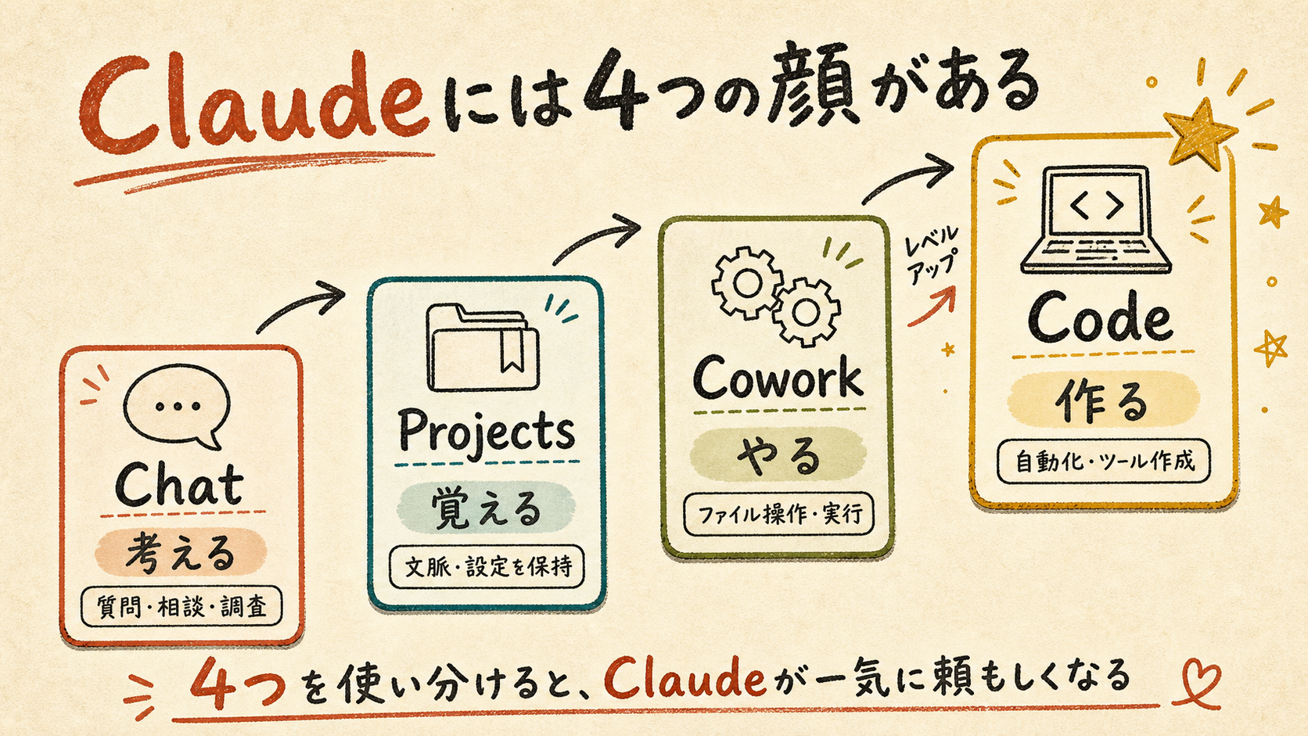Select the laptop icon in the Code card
click(x=1096, y=220)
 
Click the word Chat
click(x=178, y=485)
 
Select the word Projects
click(x=487, y=433)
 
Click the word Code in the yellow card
click(x=1100, y=318)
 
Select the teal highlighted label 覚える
click(x=486, y=508)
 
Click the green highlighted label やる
click(x=778, y=454)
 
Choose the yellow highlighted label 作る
click(x=1102, y=400)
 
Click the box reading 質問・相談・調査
click(x=181, y=607)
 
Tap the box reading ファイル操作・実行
click(x=778, y=514)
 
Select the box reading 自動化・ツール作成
click(x=1103, y=461)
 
